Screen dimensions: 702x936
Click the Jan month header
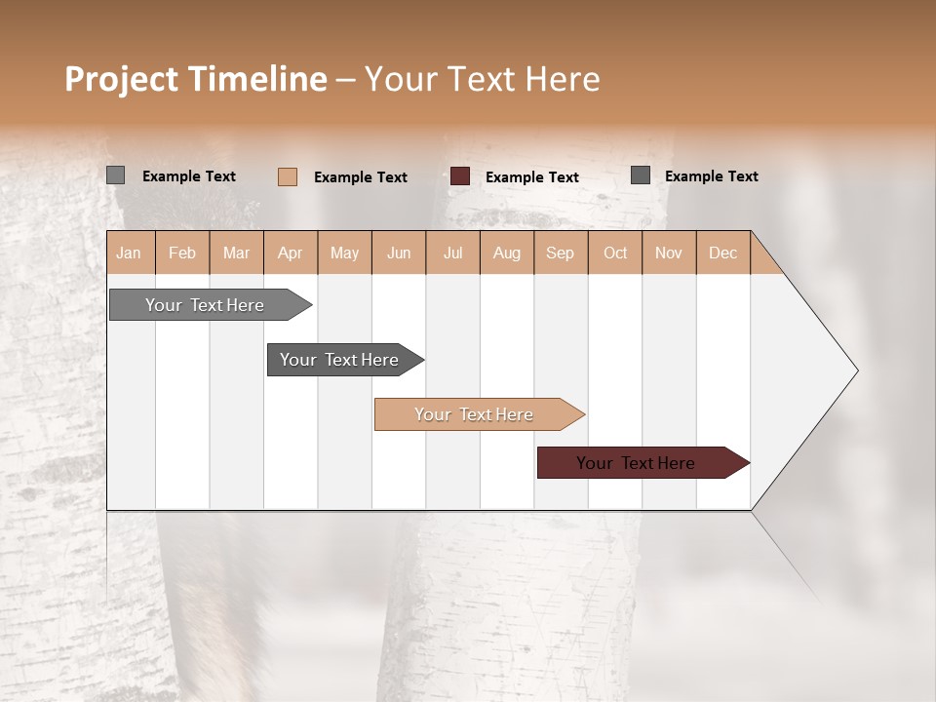[129, 253]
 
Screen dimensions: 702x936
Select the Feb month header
[182, 253]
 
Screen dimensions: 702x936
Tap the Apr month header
[290, 253]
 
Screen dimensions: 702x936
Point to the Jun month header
[399, 253]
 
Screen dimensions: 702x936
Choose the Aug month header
[506, 253]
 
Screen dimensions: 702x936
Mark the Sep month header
[560, 253]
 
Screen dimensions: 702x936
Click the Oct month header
[615, 253]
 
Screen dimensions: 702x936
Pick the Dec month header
[722, 253]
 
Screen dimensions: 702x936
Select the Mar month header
[236, 253]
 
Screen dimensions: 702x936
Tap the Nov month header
[668, 253]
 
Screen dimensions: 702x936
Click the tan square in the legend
[288, 176]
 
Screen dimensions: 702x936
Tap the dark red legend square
[460, 176]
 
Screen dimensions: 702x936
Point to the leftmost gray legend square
[116, 175]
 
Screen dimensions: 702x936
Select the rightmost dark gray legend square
[641, 175]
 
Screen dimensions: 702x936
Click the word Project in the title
[122, 79]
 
